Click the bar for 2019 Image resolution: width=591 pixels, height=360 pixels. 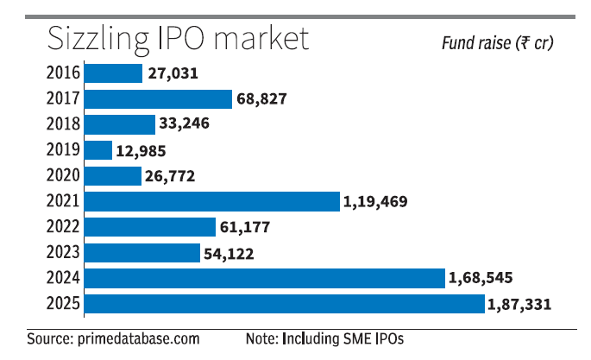click(99, 150)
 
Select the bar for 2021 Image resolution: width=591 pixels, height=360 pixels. click(213, 201)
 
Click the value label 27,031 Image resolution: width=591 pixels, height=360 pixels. click(173, 74)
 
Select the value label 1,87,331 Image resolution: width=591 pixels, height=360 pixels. click(519, 304)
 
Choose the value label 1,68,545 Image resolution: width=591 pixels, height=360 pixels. click(480, 278)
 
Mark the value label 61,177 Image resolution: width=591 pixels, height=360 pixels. click(247, 227)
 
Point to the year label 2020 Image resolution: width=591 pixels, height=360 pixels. click(64, 176)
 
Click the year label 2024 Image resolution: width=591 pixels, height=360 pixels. click(64, 278)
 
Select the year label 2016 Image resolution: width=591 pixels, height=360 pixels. click(64, 73)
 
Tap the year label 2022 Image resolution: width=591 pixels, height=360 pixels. click(64, 227)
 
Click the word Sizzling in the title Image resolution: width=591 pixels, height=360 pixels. click(97, 39)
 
